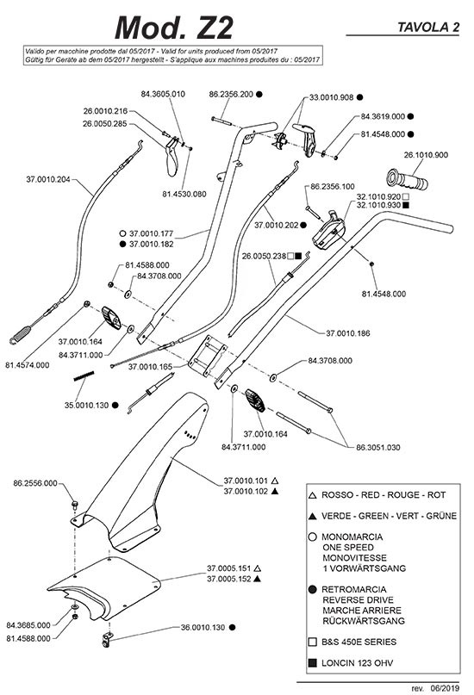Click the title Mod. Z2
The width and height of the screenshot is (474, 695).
tap(174, 28)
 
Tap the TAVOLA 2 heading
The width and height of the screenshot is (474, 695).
tap(428, 28)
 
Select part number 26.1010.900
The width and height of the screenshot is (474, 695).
tap(426, 155)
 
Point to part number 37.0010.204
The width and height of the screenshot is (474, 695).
tap(48, 179)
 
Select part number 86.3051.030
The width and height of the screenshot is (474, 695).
tap(378, 448)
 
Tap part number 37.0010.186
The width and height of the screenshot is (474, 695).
tap(348, 333)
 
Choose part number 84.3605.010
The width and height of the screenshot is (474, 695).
tap(163, 94)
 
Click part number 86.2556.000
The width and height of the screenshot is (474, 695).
tap(35, 483)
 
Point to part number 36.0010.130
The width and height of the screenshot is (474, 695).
tap(203, 628)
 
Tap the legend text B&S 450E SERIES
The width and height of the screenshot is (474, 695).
tap(359, 642)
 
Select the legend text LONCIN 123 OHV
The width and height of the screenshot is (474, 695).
tap(357, 663)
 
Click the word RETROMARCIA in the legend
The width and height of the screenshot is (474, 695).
tap(354, 590)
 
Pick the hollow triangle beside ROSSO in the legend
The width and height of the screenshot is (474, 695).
tap(312, 495)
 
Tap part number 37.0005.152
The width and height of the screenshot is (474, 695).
tap(228, 579)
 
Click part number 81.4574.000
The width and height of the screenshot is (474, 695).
tap(28, 365)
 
